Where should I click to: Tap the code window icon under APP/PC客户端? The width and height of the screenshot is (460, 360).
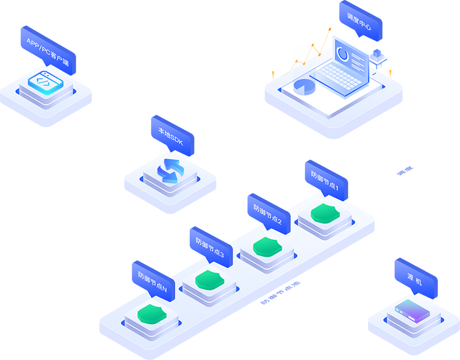click(x=46, y=82)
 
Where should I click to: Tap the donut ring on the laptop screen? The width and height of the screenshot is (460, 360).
click(x=343, y=53)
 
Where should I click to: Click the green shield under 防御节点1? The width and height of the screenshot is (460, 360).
click(x=325, y=212)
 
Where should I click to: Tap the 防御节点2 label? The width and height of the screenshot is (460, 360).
click(x=267, y=214)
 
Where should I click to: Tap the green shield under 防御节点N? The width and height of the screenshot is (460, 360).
click(x=151, y=313)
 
